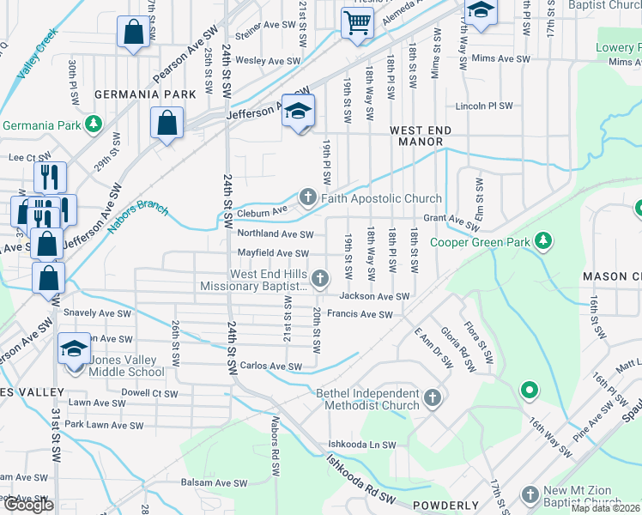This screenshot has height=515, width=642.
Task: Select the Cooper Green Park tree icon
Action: [x=542, y=242]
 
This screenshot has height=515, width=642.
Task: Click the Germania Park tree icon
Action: [x=94, y=125]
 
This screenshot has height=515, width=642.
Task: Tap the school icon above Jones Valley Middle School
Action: [x=75, y=349]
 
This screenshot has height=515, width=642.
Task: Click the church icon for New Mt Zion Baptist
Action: [x=530, y=495]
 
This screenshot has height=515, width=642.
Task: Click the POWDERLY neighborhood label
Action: [x=445, y=506]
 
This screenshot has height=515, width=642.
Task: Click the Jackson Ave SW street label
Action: [x=372, y=296]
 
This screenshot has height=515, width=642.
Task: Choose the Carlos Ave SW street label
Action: [x=270, y=367]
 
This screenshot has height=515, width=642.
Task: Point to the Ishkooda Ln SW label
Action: [x=361, y=445]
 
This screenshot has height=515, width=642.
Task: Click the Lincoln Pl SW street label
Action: [x=484, y=106]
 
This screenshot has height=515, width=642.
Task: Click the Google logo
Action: [x=28, y=505]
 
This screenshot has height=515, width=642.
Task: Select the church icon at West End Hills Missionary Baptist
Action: [x=320, y=277]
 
